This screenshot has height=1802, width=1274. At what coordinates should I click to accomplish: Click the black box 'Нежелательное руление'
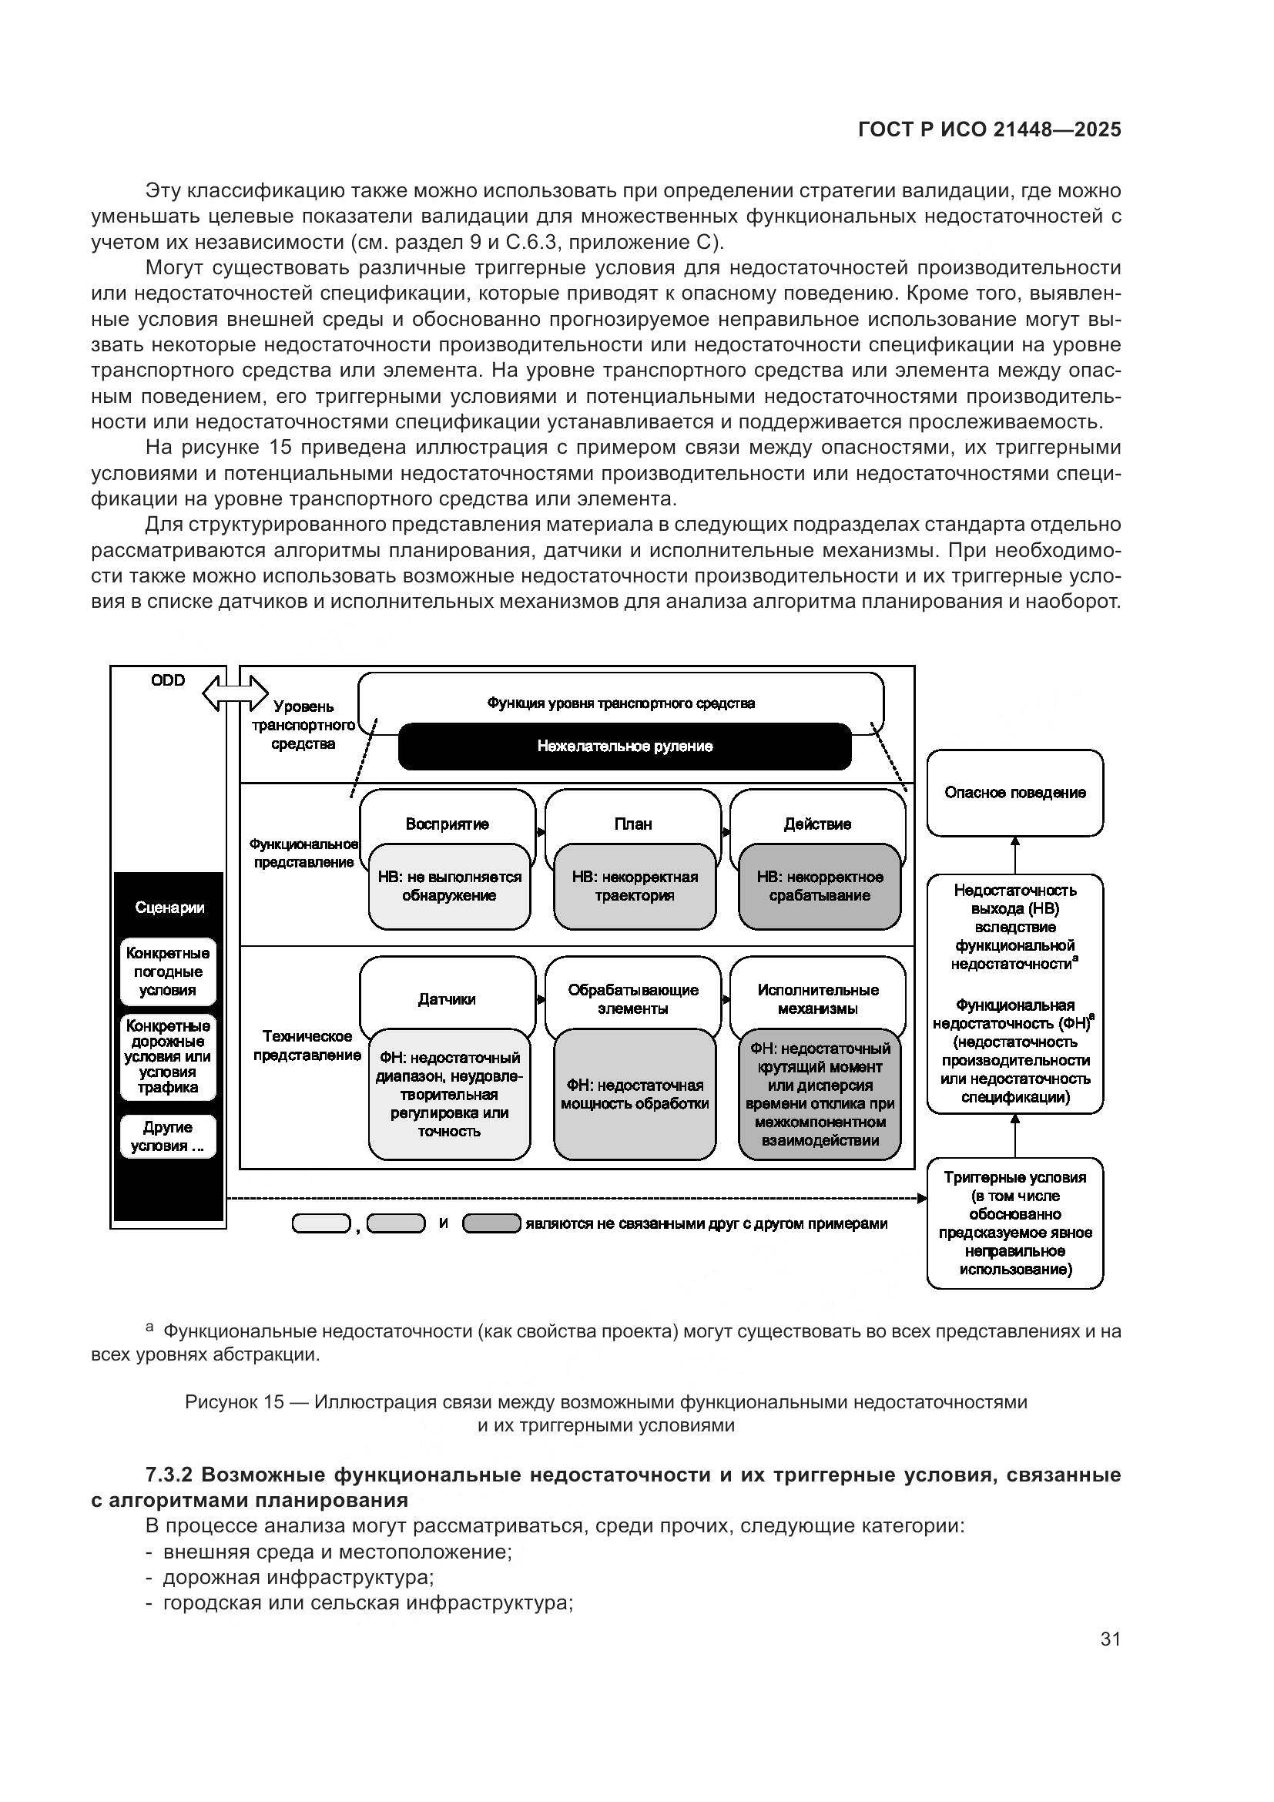coord(625,747)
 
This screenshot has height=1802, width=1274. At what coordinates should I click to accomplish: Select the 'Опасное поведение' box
coord(1014,793)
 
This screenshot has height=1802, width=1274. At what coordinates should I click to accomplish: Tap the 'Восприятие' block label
coord(448,824)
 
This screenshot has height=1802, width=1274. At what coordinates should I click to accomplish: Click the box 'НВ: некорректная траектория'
coord(634,886)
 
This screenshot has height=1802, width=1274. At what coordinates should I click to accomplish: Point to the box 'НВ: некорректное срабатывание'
coord(819,886)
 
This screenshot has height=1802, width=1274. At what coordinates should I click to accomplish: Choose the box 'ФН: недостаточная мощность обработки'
coord(634,1094)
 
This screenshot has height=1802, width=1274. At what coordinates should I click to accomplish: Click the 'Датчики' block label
coord(447,999)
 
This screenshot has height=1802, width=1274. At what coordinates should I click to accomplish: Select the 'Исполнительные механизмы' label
coord(817,999)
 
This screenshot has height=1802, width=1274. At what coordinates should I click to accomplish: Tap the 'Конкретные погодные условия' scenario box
coord(168,971)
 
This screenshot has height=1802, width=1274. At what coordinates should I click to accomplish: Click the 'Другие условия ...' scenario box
coord(168,1136)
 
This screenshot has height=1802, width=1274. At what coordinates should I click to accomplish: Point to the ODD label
coord(168,680)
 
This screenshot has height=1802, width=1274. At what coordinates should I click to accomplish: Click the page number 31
coord(1110,1639)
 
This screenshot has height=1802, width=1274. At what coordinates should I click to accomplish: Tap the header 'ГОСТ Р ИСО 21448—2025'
coord(989,130)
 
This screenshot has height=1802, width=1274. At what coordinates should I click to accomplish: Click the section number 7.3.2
coord(169,1475)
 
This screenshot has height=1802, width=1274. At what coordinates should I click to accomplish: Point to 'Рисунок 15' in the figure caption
coord(234,1401)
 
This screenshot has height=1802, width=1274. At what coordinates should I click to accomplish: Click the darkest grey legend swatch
coord(491,1223)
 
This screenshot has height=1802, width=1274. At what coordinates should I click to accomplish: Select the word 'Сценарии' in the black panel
coord(169,908)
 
